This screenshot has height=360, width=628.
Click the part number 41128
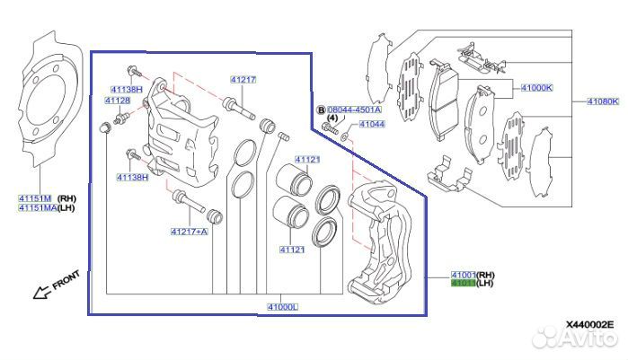[118, 101]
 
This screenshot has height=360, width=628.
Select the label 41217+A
[189, 232]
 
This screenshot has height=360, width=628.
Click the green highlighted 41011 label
[463, 285]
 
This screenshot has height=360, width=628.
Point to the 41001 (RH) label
[463, 275]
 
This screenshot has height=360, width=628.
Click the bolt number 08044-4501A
[354, 109]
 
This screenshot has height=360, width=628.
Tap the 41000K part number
[537, 88]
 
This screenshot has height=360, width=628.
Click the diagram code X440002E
[590, 324]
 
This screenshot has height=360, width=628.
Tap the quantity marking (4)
[331, 119]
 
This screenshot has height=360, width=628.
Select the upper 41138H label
[127, 90]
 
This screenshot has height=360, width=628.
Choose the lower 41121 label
[293, 250]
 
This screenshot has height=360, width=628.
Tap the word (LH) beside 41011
[487, 285]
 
